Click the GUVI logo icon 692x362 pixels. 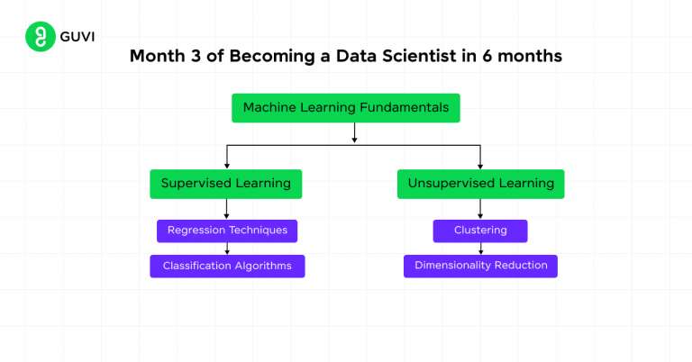tap(38, 38)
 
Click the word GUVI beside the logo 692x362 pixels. tap(76, 38)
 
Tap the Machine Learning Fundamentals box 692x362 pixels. tap(347, 107)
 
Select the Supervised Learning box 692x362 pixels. tap(225, 184)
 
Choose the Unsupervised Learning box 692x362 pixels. tap(480, 184)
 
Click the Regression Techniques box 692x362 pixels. tap(226, 231)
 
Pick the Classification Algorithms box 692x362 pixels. tap(226, 266)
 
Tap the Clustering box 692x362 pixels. tap(480, 231)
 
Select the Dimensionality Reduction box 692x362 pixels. tap(480, 266)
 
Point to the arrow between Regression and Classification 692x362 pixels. tap(226, 249)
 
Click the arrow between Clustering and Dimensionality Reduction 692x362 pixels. tap(480, 249)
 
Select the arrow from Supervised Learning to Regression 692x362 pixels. tap(226, 209)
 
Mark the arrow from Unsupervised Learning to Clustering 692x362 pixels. tap(480, 209)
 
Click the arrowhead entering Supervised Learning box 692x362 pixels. tap(226, 165)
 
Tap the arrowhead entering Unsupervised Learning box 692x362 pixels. tap(480, 165)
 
